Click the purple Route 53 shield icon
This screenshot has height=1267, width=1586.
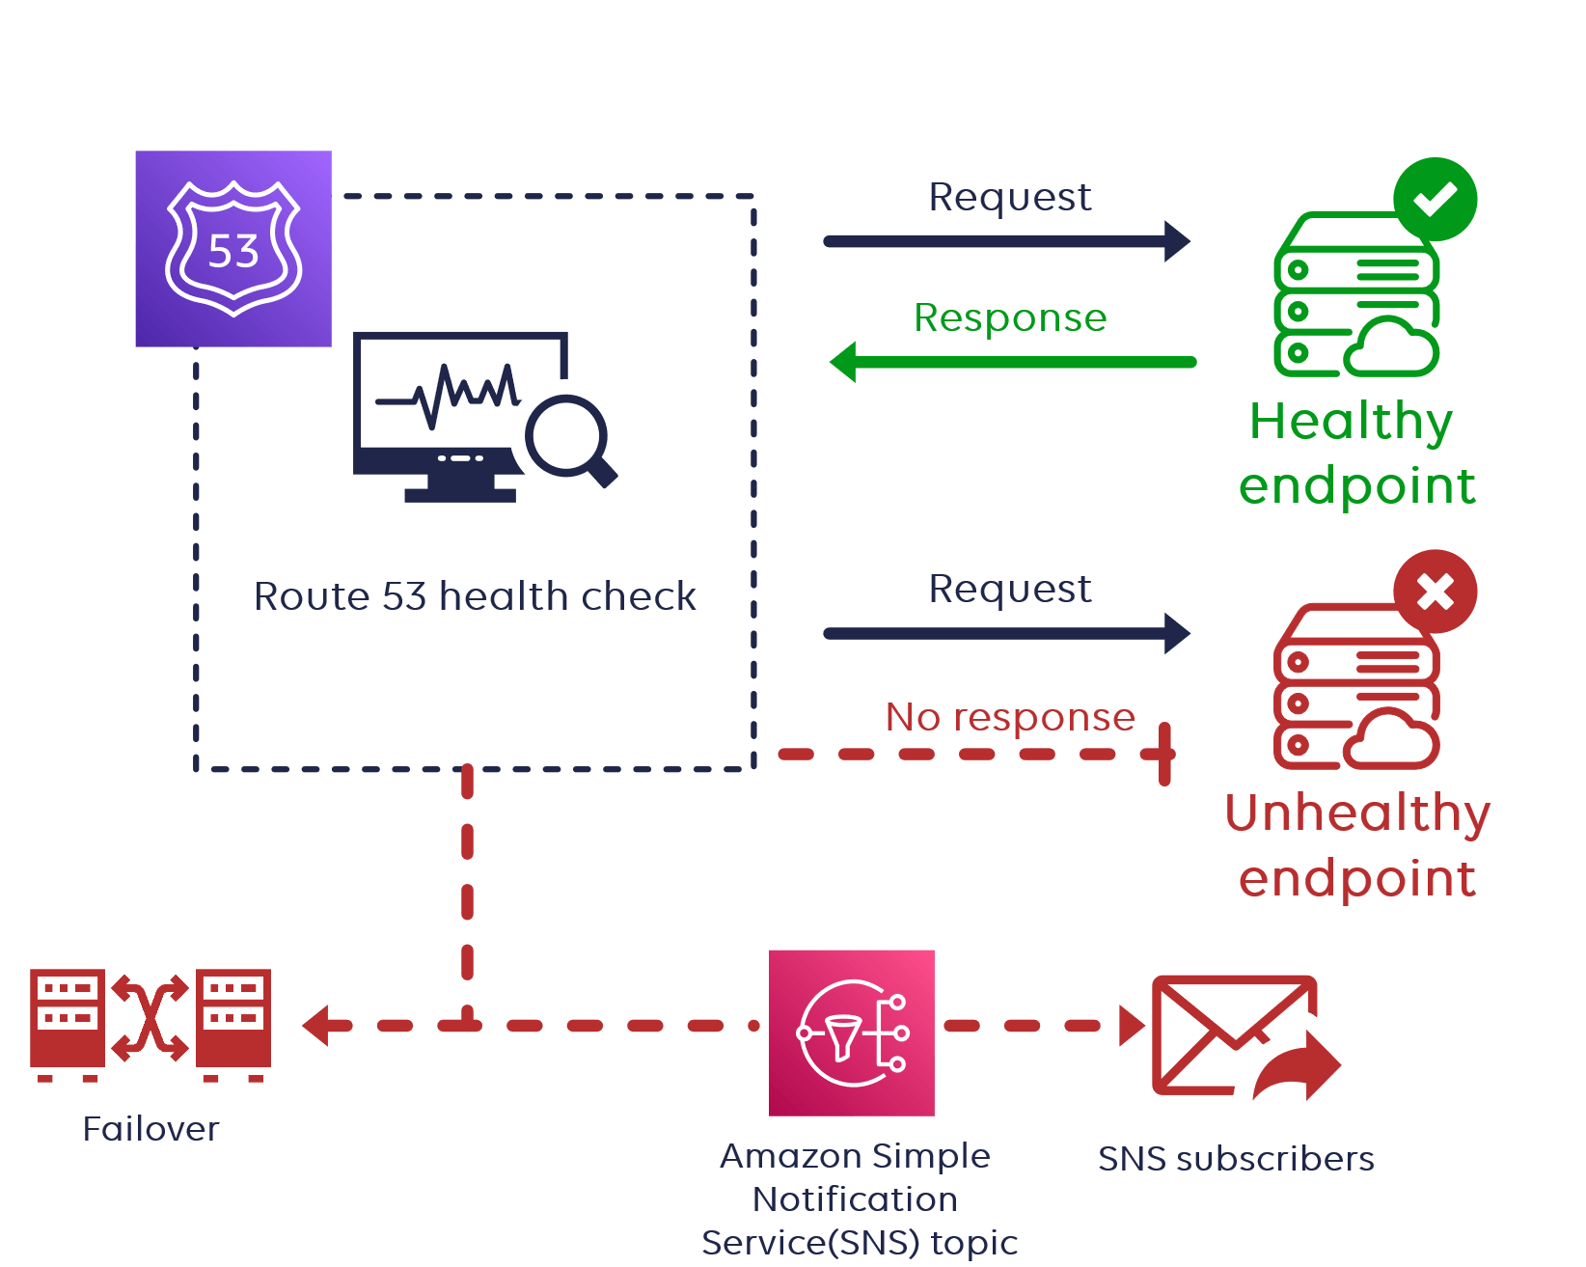click(x=233, y=248)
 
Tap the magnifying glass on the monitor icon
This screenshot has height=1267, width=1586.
click(x=567, y=436)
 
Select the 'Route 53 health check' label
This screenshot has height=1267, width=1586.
click(x=475, y=596)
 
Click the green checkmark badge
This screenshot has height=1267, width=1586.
click(x=1435, y=199)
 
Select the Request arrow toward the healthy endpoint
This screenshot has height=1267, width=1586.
click(x=1007, y=241)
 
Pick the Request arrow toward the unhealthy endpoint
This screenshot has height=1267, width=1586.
click(x=1007, y=634)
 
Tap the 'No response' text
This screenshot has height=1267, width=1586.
click(x=1010, y=717)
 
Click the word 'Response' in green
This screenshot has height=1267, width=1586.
click(x=1010, y=317)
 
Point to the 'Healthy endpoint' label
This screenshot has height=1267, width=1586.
click(x=1355, y=453)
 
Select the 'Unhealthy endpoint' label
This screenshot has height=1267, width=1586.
click(x=1357, y=844)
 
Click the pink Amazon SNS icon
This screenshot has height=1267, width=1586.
click(x=852, y=1033)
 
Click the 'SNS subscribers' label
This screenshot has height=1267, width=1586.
click(x=1236, y=1158)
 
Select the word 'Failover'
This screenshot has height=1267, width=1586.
click(x=150, y=1128)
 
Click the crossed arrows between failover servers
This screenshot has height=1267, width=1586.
click(x=150, y=1019)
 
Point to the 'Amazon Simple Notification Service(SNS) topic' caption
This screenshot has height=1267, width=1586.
click(x=858, y=1198)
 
